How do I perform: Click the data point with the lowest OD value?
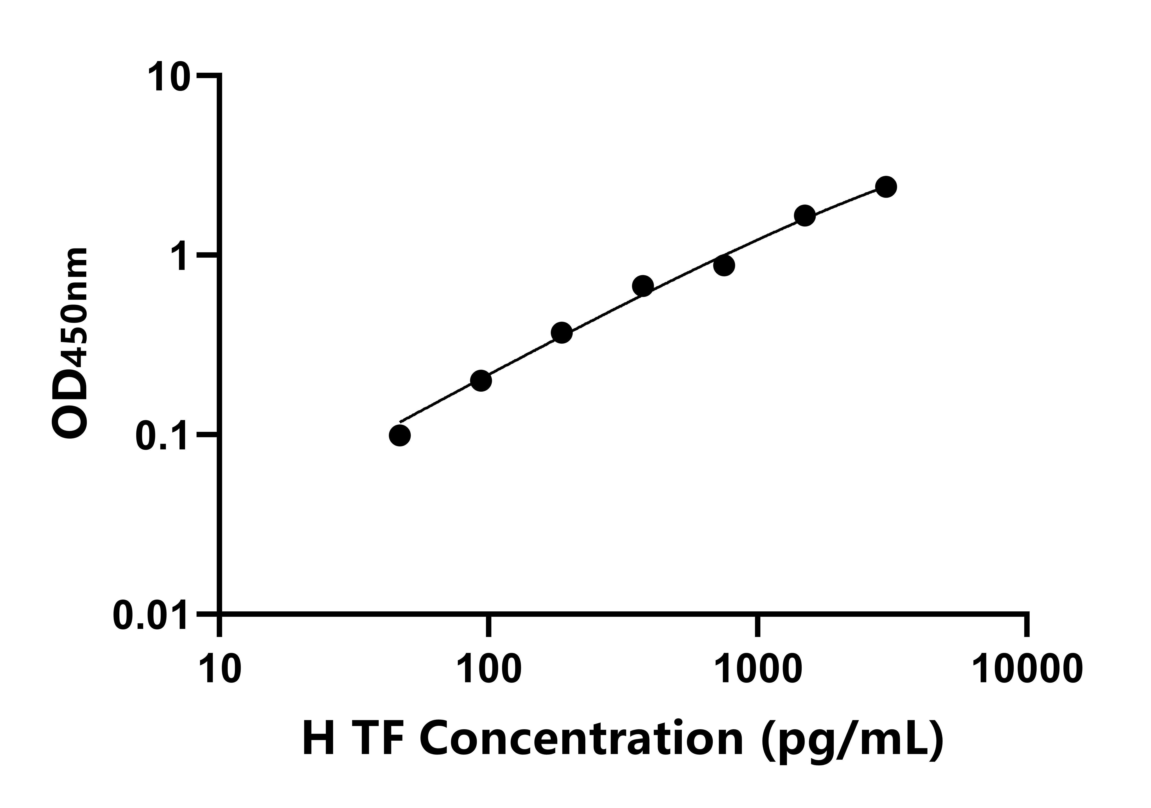(400, 435)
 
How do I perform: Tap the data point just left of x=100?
(481, 381)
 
